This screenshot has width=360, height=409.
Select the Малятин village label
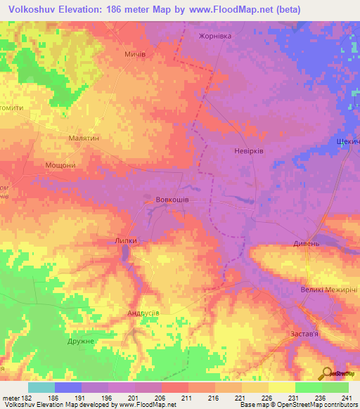(x=84, y=138)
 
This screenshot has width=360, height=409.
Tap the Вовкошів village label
(x=172, y=200)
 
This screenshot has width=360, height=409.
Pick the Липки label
(x=129, y=240)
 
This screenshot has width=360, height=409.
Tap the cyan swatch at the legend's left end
(x=41, y=388)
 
